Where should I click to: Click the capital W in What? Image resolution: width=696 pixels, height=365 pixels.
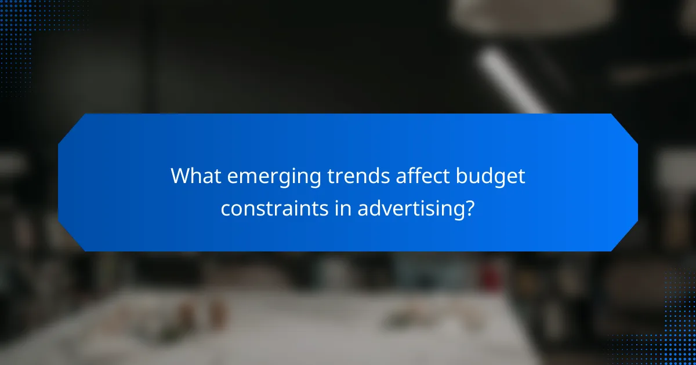[179, 177]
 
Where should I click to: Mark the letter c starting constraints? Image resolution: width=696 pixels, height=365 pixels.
[225, 209]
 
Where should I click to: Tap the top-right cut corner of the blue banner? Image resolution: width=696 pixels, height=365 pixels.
[625, 127]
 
